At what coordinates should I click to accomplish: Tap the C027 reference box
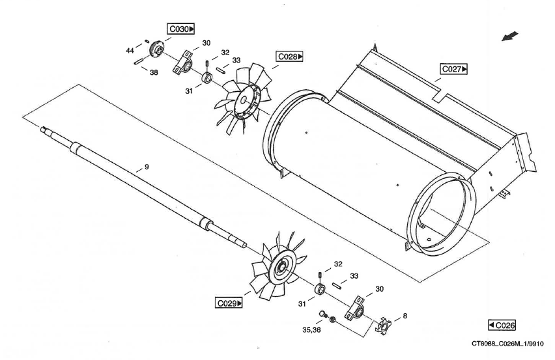click(454, 69)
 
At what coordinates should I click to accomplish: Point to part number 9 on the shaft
click(147, 167)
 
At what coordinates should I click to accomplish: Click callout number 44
click(130, 50)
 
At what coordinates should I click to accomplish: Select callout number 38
click(154, 72)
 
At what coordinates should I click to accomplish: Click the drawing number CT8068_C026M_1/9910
click(508, 344)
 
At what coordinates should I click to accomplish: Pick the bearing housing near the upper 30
click(183, 62)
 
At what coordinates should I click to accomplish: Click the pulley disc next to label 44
click(156, 51)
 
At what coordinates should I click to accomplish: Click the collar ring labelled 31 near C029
click(320, 288)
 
